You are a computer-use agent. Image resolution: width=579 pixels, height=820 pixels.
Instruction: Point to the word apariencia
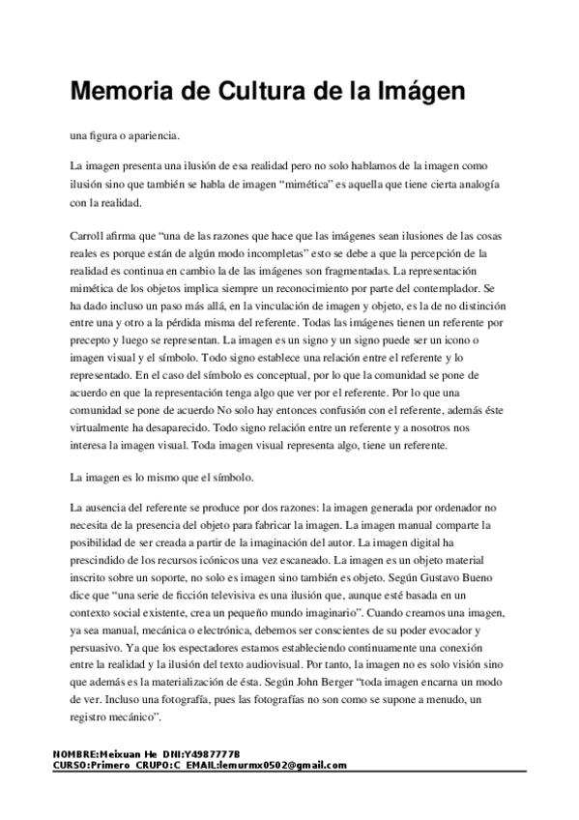tap(146, 134)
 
